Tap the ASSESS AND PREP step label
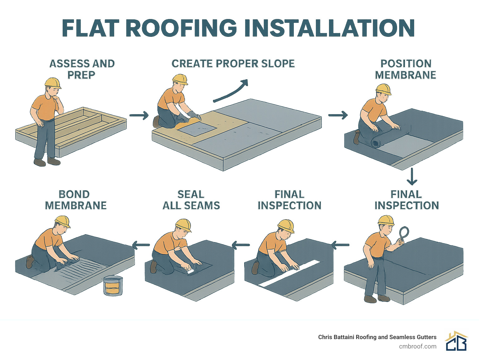82,69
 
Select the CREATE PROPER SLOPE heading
233,64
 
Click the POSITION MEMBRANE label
405,69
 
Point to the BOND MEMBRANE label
75,200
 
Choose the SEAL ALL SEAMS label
191,200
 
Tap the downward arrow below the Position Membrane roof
412,177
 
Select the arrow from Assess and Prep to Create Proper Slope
139,115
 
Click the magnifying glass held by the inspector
404,233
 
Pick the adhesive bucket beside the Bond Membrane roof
113,285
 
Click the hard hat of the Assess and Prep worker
52,82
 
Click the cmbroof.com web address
418,346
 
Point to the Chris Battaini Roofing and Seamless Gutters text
377,337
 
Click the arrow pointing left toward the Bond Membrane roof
141,245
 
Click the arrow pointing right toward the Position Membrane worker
338,115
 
